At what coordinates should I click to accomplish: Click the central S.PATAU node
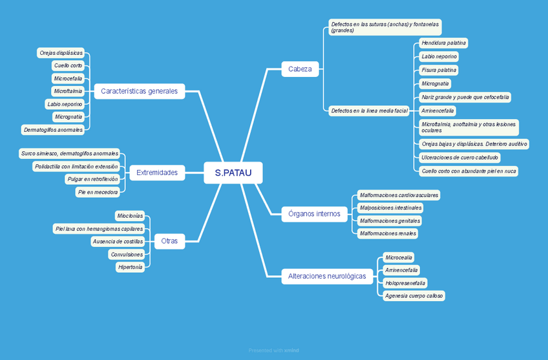pyautogui.click(x=233, y=173)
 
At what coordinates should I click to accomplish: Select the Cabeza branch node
pyautogui.click(x=300, y=69)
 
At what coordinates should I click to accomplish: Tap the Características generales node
pyautogui.click(x=139, y=91)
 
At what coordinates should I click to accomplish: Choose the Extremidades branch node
pyautogui.click(x=157, y=173)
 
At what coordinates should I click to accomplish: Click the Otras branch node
pyautogui.click(x=169, y=241)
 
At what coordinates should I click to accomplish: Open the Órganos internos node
pyautogui.click(x=315, y=214)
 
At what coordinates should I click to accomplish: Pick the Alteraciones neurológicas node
pyautogui.click(x=328, y=276)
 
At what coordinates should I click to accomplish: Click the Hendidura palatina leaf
pyautogui.click(x=443, y=43)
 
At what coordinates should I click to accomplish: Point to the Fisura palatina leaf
pyautogui.click(x=439, y=70)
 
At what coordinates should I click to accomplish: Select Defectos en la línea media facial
pyautogui.click(x=369, y=111)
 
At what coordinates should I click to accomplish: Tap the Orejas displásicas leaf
pyautogui.click(x=61, y=52)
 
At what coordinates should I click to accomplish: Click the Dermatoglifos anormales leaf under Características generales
pyautogui.click(x=53, y=129)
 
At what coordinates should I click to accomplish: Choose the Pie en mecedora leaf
pyautogui.click(x=98, y=191)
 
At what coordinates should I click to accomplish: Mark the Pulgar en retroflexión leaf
pyautogui.click(x=92, y=179)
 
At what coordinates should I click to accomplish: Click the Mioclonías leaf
pyautogui.click(x=129, y=216)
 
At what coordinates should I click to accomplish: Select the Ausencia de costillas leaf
pyautogui.click(x=118, y=241)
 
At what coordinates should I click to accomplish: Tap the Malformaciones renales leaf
pyautogui.click(x=388, y=233)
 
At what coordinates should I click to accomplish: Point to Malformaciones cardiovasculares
pyautogui.click(x=399, y=195)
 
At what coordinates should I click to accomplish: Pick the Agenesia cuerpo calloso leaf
pyautogui.click(x=414, y=295)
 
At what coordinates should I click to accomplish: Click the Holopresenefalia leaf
pyautogui.click(x=405, y=282)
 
